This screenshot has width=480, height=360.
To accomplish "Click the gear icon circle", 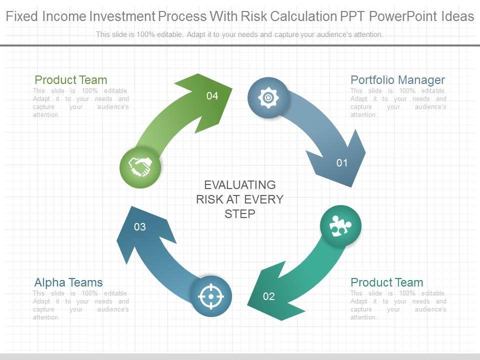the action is [268, 97].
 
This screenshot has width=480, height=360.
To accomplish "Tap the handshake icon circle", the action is [140, 167].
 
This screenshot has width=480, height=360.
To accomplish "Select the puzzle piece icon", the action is [340, 226].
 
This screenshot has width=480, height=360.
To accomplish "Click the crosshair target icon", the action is [211, 296].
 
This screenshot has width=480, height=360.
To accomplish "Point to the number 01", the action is [342, 163].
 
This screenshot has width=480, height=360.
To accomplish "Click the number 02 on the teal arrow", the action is [269, 296].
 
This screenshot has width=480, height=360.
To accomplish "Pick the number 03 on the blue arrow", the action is [140, 227].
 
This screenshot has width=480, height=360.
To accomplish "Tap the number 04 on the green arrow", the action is [212, 96].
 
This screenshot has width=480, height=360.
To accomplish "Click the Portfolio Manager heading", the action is [397, 80].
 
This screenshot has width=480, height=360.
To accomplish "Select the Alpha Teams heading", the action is [68, 282].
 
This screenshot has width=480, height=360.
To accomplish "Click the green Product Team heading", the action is [70, 80].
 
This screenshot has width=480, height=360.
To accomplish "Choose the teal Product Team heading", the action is [387, 282].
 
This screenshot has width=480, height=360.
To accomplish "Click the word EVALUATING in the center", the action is [240, 185].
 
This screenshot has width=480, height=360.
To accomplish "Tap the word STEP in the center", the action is [240, 213].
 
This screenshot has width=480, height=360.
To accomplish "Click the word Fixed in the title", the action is [22, 16].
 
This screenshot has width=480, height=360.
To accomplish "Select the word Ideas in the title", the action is [457, 16].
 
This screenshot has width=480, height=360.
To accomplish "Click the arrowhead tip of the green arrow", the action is [232, 89].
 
